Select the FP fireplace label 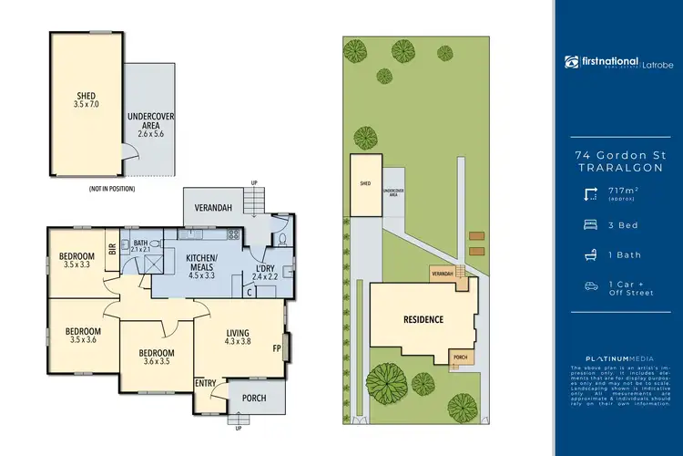point(275,347)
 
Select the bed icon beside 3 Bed point(589,223)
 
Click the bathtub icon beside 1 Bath point(589,254)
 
